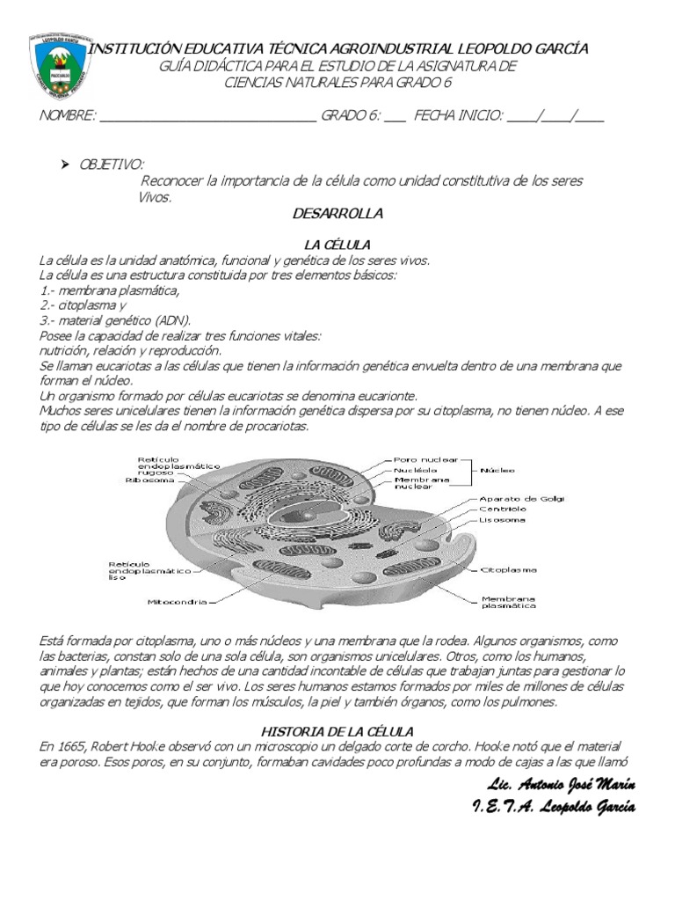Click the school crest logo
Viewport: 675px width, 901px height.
pyautogui.click(x=60, y=65)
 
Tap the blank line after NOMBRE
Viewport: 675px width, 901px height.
pyautogui.click(x=208, y=116)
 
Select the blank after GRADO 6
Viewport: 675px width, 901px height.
pyautogui.click(x=395, y=116)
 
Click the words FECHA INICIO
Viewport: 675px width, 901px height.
pyautogui.click(x=458, y=115)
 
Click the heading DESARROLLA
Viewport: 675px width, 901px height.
pyautogui.click(x=337, y=213)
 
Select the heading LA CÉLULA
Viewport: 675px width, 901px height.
pyautogui.click(x=337, y=244)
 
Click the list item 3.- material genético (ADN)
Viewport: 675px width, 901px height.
pyautogui.click(x=115, y=320)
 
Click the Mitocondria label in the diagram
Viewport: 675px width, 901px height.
pyautogui.click(x=177, y=602)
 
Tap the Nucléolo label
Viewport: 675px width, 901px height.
pyautogui.click(x=416, y=470)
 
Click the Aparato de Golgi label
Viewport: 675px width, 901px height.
pyautogui.click(x=521, y=498)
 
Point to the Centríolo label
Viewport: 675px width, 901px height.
pyautogui.click(x=503, y=509)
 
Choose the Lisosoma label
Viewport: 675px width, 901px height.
pyautogui.click(x=503, y=520)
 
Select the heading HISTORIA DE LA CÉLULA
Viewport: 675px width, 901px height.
pyautogui.click(x=337, y=731)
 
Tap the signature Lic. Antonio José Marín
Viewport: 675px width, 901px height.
pyautogui.click(x=561, y=785)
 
